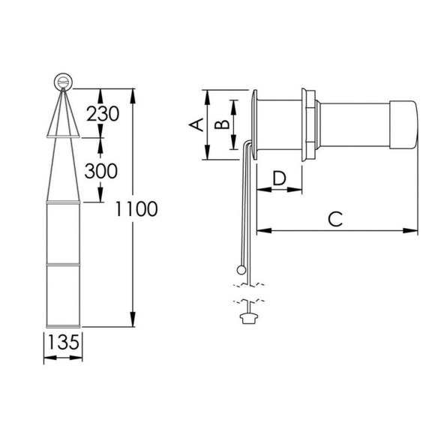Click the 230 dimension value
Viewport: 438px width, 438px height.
[x=103, y=114]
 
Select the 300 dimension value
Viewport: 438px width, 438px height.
[x=101, y=171]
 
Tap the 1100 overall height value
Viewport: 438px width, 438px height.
[x=136, y=208]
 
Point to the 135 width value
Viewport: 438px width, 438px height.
[x=64, y=342]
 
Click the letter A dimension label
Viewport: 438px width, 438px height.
[x=196, y=124]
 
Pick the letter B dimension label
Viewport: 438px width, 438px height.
[x=222, y=124]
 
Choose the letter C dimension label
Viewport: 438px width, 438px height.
[x=335, y=219]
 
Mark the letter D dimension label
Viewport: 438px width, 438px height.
[x=279, y=178]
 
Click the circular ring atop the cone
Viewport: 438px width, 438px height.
[x=64, y=82]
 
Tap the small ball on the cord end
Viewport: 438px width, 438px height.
[x=241, y=270]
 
